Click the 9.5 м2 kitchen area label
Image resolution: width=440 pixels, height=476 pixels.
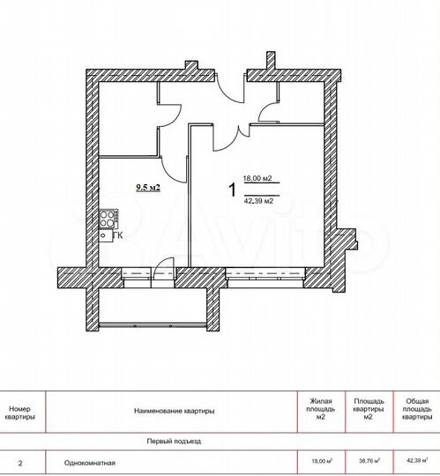pyautogui.click(x=146, y=187)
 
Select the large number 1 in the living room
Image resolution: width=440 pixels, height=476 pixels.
pyautogui.click(x=231, y=189)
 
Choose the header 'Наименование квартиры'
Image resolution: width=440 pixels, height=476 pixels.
pyautogui.click(x=175, y=410)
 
